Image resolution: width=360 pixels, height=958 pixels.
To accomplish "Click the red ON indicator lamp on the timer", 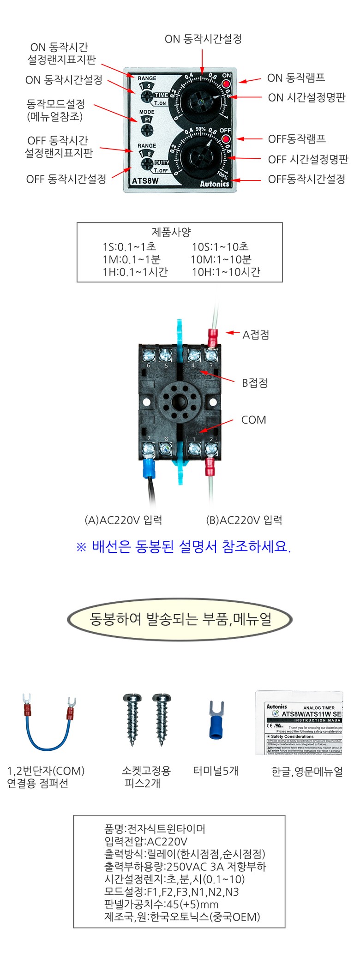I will pos(227,84).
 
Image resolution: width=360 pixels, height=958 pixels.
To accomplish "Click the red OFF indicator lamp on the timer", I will pos(226,139).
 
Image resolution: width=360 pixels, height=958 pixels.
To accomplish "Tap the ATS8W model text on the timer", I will pos(145,181).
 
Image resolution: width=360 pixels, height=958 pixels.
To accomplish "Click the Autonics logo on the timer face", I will pos(214,183).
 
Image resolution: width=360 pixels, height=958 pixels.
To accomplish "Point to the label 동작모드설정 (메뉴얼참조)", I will pos(55,110).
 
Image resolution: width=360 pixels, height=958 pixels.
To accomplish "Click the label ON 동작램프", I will pos(296,78).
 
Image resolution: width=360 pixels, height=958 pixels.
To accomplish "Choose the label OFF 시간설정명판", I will pos(308,159).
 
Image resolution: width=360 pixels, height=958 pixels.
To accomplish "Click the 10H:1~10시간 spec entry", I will pos(226,272).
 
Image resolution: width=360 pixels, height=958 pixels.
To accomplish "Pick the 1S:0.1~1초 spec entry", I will pos(129,247).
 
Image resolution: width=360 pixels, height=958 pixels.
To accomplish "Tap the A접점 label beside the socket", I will pos(256,335).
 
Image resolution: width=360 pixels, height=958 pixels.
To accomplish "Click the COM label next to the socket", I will pos(253,420).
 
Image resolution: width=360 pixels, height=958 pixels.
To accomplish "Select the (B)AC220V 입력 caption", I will pos(244,520).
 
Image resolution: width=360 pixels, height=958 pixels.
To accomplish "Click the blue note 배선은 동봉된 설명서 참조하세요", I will pos(183,547).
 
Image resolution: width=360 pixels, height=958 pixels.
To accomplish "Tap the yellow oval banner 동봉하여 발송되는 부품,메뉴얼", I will pos(180,619).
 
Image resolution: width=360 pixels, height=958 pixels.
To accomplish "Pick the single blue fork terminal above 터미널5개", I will pos(216,720).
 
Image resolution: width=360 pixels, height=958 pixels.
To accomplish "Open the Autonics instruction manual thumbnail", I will pos(299,722).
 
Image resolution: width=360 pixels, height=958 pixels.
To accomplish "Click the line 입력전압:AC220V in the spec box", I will pos(146,841).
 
